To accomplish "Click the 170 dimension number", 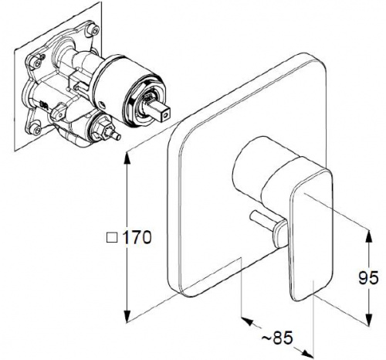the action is (x=137, y=237).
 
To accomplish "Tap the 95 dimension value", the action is (x=368, y=277).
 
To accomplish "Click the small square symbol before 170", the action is (x=112, y=238).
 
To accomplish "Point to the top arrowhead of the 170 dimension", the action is (x=127, y=158).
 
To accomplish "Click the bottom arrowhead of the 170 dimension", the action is (x=127, y=317).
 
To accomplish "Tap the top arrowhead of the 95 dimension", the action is (x=369, y=236).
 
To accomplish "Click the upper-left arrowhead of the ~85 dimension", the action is (x=248, y=321).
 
